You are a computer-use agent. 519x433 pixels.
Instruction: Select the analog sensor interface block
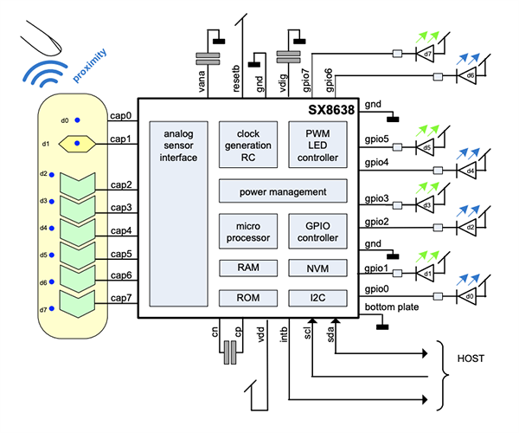tap(173, 216)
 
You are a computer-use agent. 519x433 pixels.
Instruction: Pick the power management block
tap(282, 191)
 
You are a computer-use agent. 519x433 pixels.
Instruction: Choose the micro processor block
tap(247, 231)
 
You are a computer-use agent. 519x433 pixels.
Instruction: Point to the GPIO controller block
tap(317, 231)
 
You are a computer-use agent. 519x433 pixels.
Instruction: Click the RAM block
tap(247, 268)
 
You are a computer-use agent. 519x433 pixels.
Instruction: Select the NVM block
tap(317, 268)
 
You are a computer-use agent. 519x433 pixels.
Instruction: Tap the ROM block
tap(247, 298)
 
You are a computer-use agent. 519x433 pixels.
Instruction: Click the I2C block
tap(317, 298)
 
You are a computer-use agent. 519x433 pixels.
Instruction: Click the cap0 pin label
tap(121, 115)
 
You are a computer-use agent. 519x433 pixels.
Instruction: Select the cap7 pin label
tap(121, 299)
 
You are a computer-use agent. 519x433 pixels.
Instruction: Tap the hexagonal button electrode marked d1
tap(77, 143)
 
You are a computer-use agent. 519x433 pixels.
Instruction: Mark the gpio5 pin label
tap(376, 139)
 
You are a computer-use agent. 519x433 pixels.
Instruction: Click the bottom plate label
tap(385, 308)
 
